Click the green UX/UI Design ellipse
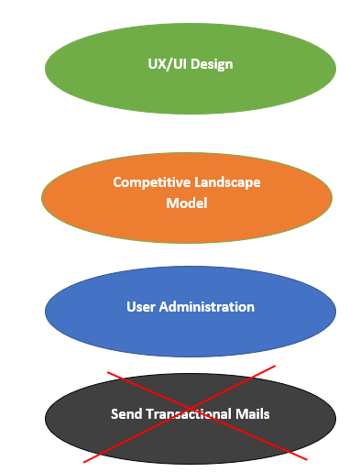(x=191, y=69)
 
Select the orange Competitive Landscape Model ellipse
(x=187, y=198)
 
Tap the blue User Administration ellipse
(x=191, y=312)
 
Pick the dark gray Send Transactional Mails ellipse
(x=191, y=419)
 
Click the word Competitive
(x=152, y=182)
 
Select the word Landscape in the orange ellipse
(x=227, y=182)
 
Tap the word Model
(x=187, y=203)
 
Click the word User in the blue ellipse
(x=141, y=307)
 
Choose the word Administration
(x=207, y=307)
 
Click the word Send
(x=126, y=414)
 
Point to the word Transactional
(x=189, y=414)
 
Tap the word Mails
(x=253, y=414)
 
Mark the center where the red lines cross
(x=191, y=409)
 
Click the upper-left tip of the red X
(x=107, y=372)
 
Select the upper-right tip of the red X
(x=276, y=366)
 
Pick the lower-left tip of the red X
(x=83, y=462)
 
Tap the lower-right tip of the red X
(x=307, y=459)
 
